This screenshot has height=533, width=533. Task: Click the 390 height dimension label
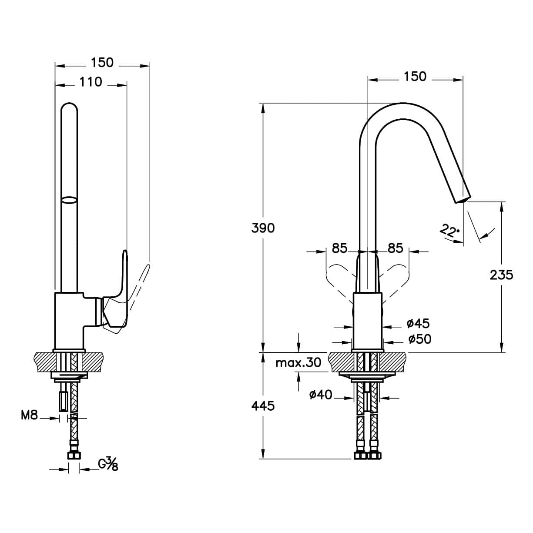click(x=263, y=228)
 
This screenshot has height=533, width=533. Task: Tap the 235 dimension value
click(x=501, y=275)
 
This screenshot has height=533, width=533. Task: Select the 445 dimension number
click(x=263, y=406)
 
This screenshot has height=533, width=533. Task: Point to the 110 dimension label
click(x=91, y=82)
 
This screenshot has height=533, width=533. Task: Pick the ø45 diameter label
click(x=418, y=323)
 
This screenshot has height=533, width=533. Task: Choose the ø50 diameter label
click(x=419, y=339)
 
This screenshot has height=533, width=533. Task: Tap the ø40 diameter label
click(x=321, y=395)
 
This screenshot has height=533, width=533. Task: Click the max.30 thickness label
click(x=298, y=362)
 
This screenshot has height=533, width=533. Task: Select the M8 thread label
click(x=29, y=415)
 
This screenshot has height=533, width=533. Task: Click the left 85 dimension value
click(x=339, y=248)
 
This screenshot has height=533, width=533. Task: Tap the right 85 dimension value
click(x=395, y=248)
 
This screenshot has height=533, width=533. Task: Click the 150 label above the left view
click(x=102, y=63)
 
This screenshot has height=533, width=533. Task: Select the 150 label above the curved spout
click(x=415, y=76)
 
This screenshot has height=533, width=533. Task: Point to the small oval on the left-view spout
click(x=69, y=200)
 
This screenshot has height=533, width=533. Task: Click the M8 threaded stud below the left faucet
click(x=64, y=402)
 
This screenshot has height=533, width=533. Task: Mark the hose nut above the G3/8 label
click(x=74, y=454)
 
